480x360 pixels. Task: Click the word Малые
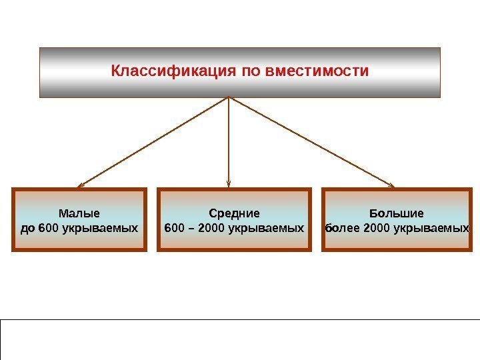click(x=79, y=214)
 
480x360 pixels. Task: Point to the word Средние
click(x=234, y=214)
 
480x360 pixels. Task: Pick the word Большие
click(x=397, y=214)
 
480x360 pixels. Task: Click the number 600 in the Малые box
click(x=49, y=228)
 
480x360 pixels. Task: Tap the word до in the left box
click(x=29, y=228)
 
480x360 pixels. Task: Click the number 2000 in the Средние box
click(x=212, y=228)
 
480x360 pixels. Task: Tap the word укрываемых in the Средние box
click(x=266, y=228)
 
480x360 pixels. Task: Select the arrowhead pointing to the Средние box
click(x=229, y=185)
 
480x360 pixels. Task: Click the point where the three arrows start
click(x=229, y=98)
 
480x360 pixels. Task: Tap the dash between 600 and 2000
click(x=191, y=228)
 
